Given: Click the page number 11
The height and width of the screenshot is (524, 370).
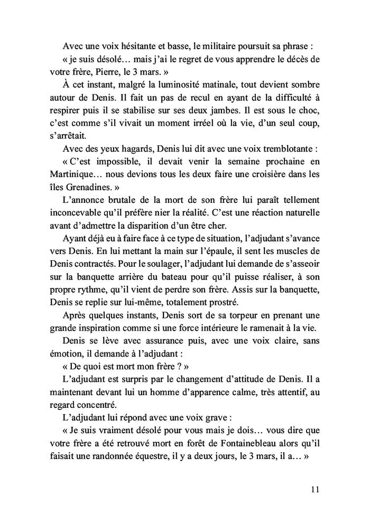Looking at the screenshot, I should tap(314, 489).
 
